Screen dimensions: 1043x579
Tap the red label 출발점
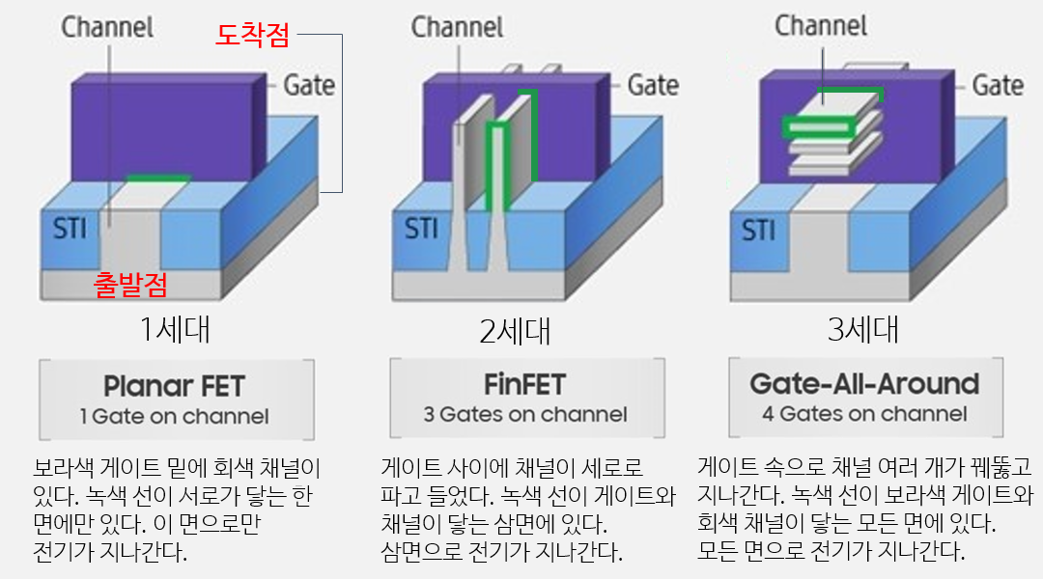(130, 284)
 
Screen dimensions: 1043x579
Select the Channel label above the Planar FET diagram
(107, 26)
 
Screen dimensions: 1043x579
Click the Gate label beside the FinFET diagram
(653, 85)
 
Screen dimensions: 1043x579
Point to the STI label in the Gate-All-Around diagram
(758, 232)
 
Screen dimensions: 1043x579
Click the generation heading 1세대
(175, 330)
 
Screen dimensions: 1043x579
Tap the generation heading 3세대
(863, 330)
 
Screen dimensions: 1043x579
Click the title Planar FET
(174, 386)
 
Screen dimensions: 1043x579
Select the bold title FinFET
(526, 385)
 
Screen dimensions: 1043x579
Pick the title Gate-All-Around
(864, 384)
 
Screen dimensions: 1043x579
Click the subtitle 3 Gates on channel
(526, 415)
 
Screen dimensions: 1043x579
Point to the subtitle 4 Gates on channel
(864, 414)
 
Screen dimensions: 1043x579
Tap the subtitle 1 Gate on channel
(174, 417)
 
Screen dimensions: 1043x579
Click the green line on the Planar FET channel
(157, 178)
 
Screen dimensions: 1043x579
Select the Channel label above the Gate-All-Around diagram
(821, 26)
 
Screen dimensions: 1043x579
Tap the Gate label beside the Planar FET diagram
(309, 85)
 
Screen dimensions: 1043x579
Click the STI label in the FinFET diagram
(420, 230)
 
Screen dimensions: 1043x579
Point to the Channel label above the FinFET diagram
(457, 26)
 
